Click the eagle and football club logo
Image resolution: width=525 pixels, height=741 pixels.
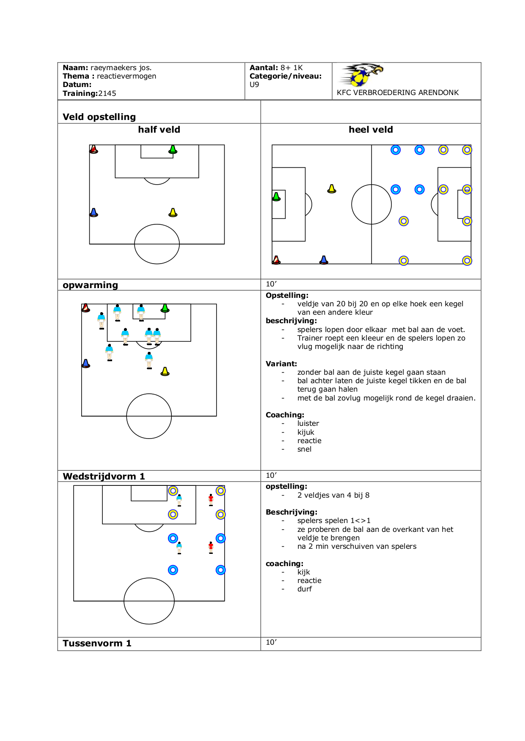coord(362,75)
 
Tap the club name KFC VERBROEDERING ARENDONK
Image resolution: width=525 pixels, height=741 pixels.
coord(398,93)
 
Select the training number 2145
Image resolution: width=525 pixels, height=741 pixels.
coord(107,93)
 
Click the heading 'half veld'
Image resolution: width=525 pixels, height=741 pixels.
coord(159,130)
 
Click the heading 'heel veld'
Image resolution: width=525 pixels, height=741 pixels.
coord(371,130)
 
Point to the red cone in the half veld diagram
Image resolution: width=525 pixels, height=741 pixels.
coord(94,149)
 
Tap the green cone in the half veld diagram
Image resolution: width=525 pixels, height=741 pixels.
coord(173,149)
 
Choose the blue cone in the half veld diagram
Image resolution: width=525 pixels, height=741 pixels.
coord(94,212)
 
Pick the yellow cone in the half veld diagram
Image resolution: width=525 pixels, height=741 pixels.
coord(173,212)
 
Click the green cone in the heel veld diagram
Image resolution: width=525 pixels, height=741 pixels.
coord(276,196)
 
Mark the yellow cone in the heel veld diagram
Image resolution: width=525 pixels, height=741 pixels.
coord(332,189)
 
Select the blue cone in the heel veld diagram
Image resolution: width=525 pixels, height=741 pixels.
coord(324,260)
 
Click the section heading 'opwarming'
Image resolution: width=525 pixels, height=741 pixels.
coord(91,285)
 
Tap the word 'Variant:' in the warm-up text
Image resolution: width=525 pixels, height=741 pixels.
coord(281,364)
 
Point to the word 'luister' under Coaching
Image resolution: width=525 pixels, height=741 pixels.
coord(308,423)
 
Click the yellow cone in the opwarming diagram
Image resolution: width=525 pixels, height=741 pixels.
coord(165,371)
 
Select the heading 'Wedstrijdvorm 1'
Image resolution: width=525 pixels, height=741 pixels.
coord(104,477)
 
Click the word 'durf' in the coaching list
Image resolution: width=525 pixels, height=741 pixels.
coord(305,589)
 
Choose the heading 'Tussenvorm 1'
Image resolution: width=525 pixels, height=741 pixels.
coord(97,643)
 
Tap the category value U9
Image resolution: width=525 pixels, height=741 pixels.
coord(254,84)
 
